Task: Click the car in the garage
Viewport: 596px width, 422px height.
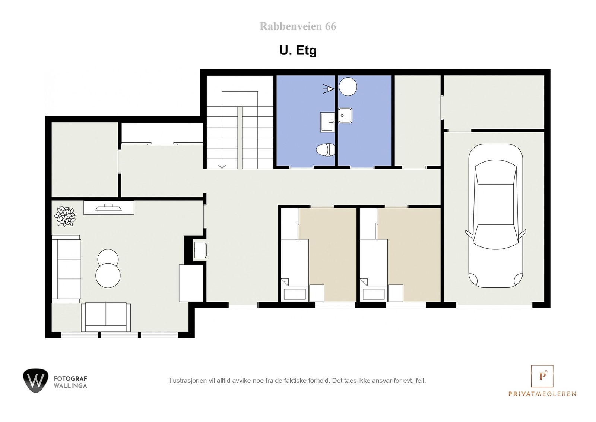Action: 495,216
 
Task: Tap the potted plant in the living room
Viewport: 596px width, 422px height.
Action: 65,216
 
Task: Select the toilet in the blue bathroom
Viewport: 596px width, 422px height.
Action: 325,150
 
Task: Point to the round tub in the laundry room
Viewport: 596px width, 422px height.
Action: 348,86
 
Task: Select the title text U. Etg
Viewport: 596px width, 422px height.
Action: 298,50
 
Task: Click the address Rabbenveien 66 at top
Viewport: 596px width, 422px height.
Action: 298,26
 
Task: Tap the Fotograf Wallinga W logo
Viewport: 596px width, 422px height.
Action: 35,381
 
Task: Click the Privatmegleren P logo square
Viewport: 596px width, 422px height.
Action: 542,376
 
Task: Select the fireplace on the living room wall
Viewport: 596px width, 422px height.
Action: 109,208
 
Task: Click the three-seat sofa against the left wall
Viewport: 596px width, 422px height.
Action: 66,268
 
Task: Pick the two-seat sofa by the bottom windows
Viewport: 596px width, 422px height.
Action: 106,317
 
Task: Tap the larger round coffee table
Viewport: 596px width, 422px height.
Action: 108,275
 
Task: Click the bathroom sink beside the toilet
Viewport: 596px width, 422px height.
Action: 327,122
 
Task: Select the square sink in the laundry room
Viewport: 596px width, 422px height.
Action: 345,116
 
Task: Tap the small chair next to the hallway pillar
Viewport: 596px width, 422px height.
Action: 200,249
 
